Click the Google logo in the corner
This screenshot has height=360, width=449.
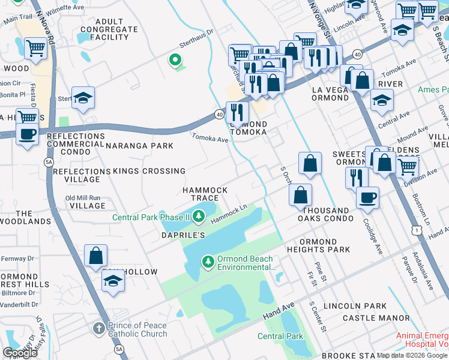(x=20, y=353)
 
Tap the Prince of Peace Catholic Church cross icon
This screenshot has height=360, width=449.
(x=99, y=329)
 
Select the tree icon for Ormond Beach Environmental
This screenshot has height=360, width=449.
(x=208, y=262)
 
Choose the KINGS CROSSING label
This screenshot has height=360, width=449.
(x=149, y=171)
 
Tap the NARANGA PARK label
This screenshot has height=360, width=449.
(x=139, y=146)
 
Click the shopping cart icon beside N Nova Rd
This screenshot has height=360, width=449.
(x=35, y=47)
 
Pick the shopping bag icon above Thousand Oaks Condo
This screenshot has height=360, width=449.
(x=300, y=194)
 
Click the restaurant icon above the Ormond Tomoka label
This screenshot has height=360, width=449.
(x=237, y=111)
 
